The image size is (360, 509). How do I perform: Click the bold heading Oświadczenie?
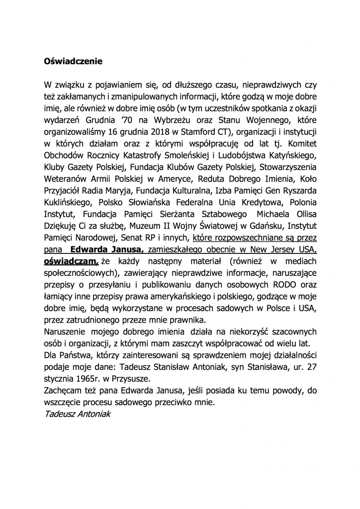coord(73,62)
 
